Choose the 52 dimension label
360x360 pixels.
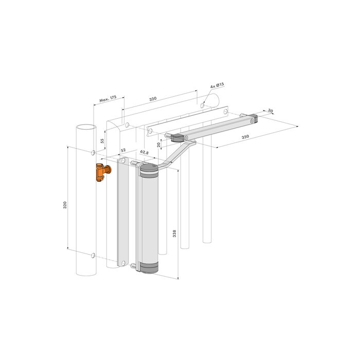tap(123, 150)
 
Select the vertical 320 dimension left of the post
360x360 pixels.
tap(65, 205)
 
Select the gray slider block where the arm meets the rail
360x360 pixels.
tap(178, 137)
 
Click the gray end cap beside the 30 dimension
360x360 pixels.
tap(255, 119)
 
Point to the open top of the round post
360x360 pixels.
tap(85, 127)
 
